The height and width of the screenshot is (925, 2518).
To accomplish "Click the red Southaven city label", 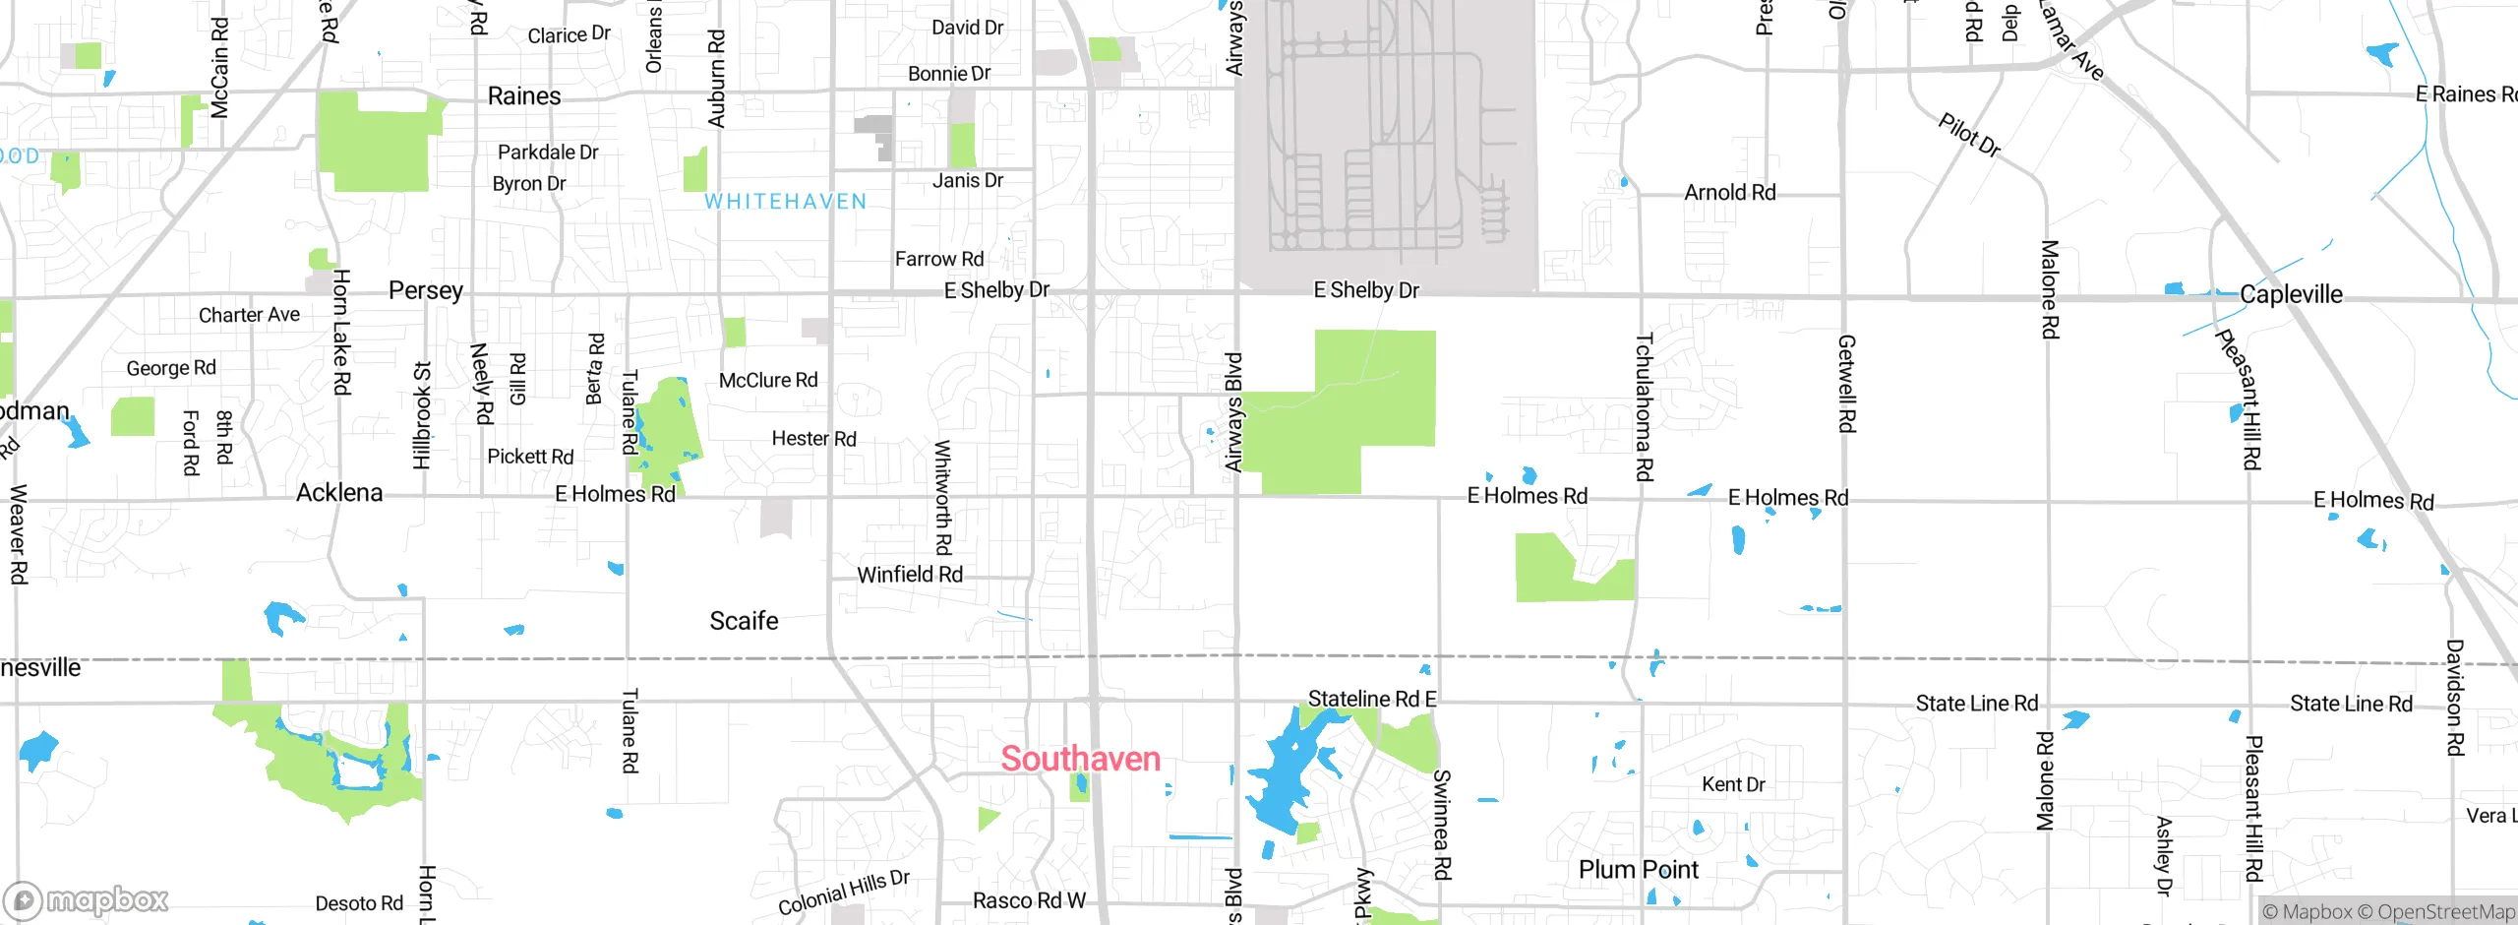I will [x=1080, y=759].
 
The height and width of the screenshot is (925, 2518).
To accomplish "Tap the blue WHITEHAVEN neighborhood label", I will [x=786, y=202].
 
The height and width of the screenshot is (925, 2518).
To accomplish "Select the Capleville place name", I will [x=2291, y=294].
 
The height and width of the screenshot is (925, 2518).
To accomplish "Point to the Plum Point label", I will [x=1638, y=870].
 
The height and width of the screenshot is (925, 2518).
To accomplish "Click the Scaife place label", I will [x=744, y=621].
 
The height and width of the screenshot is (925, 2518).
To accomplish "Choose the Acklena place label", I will [x=339, y=492].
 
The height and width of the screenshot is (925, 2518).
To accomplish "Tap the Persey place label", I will [x=425, y=290].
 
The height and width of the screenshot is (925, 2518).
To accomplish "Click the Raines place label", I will [x=524, y=96].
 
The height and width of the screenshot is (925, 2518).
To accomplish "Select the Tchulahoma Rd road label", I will [x=1644, y=407].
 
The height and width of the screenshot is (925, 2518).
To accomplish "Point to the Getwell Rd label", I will [x=1846, y=384].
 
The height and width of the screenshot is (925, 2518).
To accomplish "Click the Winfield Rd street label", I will [x=910, y=575].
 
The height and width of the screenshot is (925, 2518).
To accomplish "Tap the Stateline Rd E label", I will [x=1372, y=699].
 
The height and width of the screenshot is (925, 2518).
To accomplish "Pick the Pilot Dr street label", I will [x=1969, y=136].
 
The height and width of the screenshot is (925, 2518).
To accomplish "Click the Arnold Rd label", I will [x=1730, y=193].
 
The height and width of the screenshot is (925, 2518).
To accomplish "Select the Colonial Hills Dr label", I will [x=844, y=893].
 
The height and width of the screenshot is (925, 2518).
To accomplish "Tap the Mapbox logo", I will [x=87, y=900].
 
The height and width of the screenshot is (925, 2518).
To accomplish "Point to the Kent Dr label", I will [x=1733, y=784].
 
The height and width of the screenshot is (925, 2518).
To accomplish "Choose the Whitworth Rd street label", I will [x=942, y=498].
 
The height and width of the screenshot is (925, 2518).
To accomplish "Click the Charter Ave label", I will [x=249, y=315].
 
